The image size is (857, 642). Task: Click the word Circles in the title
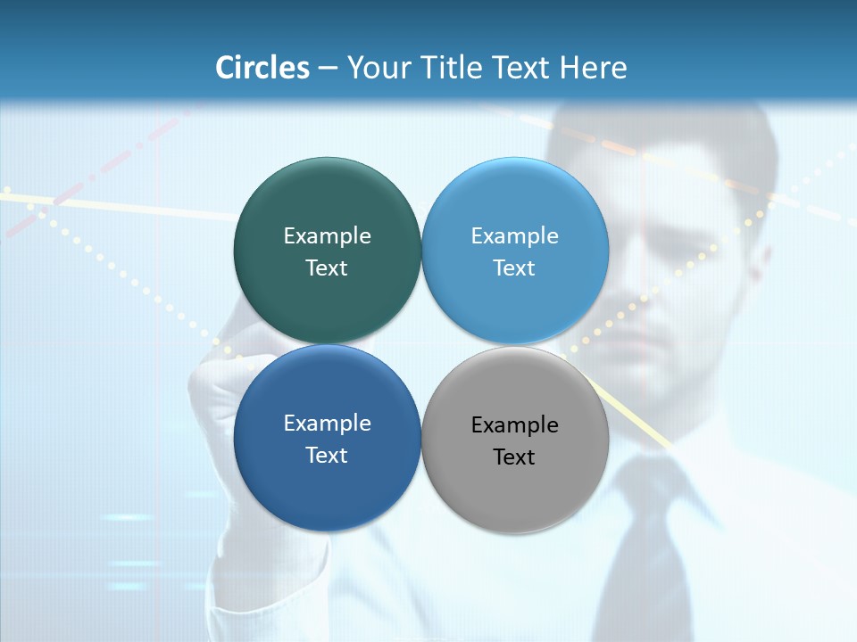point(262,68)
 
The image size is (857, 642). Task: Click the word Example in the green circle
point(327,236)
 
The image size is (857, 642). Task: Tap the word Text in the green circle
point(327,268)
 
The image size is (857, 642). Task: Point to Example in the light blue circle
point(515,236)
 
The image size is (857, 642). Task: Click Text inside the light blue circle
point(515,268)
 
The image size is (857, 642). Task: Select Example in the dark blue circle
point(327,424)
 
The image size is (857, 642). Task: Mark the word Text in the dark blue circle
point(327,456)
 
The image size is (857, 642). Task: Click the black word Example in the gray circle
point(515,425)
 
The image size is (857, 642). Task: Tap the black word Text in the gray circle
point(515,457)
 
